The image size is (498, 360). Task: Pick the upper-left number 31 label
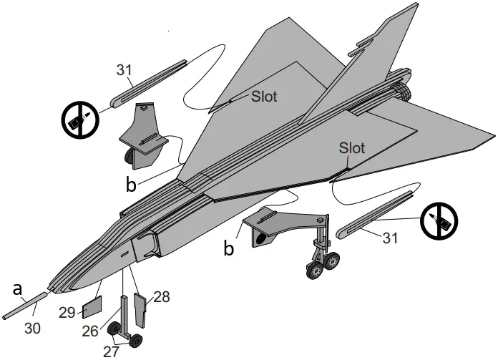[x=125, y=70]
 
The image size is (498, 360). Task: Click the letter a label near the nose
[x=19, y=289]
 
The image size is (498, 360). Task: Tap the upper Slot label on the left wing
[x=264, y=95]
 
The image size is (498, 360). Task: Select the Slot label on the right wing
[x=352, y=148]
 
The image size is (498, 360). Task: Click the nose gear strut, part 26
[x=127, y=316]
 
